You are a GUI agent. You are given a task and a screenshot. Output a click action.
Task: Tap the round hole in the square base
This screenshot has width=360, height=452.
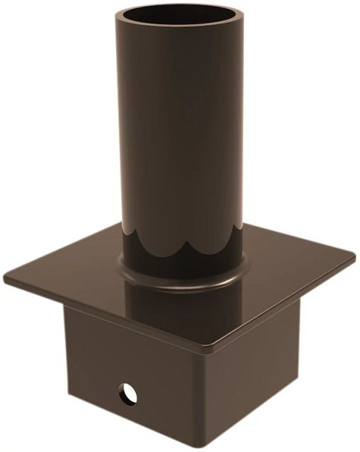(x=129, y=391)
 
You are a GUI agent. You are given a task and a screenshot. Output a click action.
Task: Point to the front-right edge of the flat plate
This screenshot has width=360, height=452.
(x=283, y=305)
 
